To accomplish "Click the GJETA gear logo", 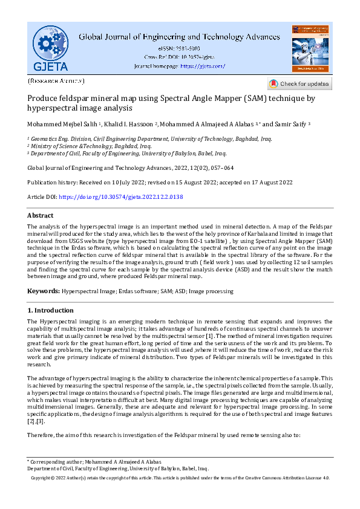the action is click(x=50, y=48).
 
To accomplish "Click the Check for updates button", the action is click(x=299, y=84).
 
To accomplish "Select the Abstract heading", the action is click(x=41, y=215).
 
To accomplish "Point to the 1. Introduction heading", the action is click(x=51, y=310).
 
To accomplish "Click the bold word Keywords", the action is click(x=43, y=291).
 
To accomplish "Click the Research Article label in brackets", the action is click(x=56, y=80).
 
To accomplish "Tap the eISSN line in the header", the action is click(x=179, y=48).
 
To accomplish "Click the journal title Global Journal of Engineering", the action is click(x=179, y=37).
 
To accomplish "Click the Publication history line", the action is click(x=160, y=182).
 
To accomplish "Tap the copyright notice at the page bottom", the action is click(x=180, y=478).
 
